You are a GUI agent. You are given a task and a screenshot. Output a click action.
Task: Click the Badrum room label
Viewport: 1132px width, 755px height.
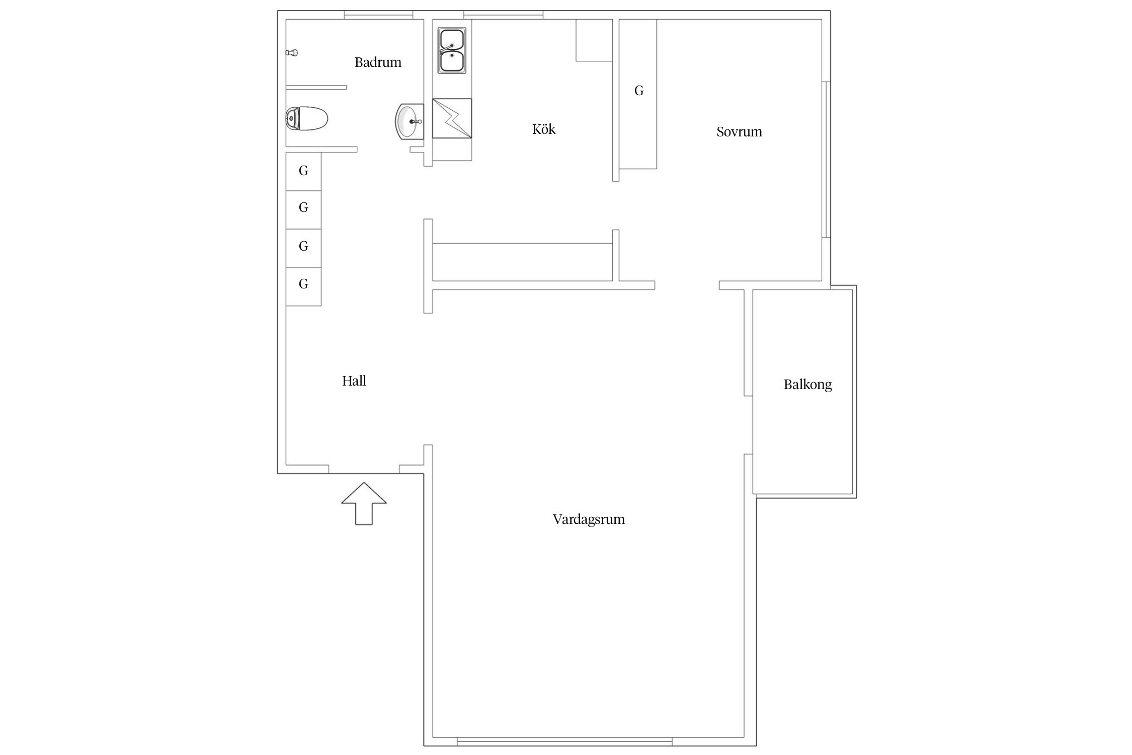click(378, 62)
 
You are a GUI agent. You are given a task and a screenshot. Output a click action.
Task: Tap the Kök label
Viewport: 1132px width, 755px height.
click(544, 129)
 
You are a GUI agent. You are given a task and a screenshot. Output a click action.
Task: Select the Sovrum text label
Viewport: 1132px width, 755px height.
click(739, 132)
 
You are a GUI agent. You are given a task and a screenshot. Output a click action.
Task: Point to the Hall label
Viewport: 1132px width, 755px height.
click(354, 381)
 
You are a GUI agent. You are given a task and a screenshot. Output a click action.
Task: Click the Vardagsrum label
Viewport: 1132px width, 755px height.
click(589, 519)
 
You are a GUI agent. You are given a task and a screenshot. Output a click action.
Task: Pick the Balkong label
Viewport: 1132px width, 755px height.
click(807, 385)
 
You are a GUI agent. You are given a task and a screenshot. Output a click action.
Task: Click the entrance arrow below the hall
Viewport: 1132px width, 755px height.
click(364, 504)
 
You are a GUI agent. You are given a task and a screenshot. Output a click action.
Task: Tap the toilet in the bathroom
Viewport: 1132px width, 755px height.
click(306, 119)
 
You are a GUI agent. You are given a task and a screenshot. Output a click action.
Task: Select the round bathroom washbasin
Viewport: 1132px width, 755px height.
click(409, 121)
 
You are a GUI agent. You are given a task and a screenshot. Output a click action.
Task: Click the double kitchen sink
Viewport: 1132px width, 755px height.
click(452, 50)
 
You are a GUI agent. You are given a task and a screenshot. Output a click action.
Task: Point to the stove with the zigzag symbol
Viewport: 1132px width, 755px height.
click(452, 118)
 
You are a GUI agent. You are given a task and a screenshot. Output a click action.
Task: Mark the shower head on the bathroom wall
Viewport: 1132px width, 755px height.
click(292, 52)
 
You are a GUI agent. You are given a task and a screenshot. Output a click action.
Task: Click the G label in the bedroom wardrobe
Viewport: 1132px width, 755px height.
click(639, 91)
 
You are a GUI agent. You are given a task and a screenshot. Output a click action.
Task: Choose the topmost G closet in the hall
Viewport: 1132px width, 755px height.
click(303, 171)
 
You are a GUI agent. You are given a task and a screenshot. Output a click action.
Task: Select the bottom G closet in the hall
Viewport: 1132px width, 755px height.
click(303, 286)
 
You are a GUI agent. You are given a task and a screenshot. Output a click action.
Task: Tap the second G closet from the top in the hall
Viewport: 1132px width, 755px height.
click(303, 210)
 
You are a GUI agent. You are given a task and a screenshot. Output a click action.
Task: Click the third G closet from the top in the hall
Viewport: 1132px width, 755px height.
click(303, 248)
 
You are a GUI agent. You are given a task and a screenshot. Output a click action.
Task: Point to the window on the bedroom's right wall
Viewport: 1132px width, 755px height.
click(826, 160)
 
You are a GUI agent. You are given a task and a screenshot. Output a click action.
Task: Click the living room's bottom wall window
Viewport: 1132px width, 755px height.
click(564, 741)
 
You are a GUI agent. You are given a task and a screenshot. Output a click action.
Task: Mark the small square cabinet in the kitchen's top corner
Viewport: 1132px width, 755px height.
click(594, 40)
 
